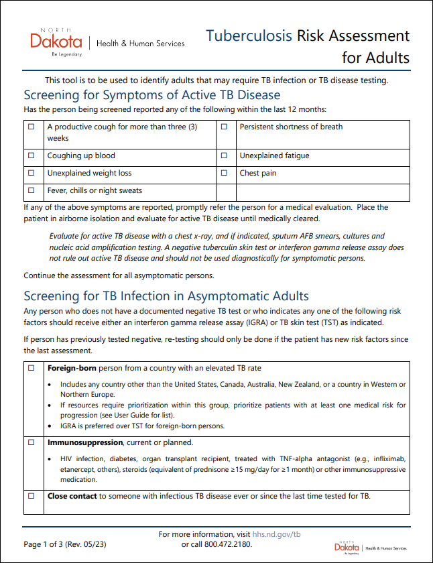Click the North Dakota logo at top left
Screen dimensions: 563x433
pos(57,42)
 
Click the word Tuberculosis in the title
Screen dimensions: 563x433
pos(249,36)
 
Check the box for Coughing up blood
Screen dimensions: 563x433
pos(31,155)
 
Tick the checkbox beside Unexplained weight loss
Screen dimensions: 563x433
pos(31,173)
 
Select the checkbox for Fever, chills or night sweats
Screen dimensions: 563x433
pos(31,190)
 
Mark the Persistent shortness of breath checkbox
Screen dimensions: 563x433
pos(224,127)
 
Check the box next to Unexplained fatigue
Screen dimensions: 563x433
pos(224,155)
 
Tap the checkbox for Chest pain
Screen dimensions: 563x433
pos(224,173)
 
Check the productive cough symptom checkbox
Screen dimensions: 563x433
pos(31,127)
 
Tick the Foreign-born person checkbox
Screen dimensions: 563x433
pos(31,369)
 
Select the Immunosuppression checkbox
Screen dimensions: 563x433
pos(31,443)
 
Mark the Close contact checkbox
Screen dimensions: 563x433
pos(31,497)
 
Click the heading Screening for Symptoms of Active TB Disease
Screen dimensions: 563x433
pos(151,95)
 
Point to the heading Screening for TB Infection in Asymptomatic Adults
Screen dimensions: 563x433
pos(166,296)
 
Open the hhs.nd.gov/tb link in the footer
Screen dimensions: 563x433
pos(277,534)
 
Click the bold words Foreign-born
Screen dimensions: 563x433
pos(72,368)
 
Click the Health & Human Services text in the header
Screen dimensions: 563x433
pos(141,44)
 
